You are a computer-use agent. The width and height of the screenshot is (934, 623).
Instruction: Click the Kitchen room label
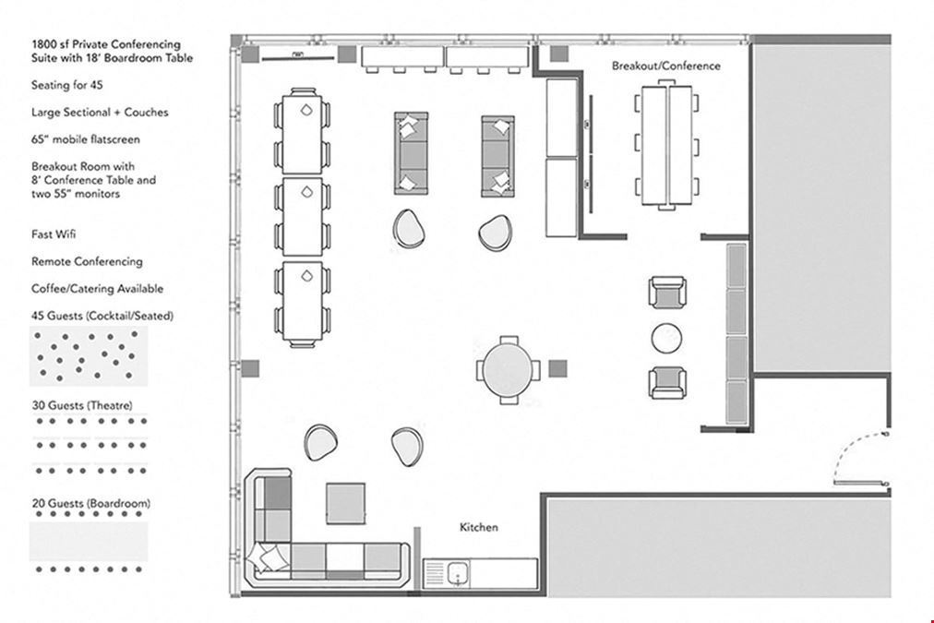tap(478, 527)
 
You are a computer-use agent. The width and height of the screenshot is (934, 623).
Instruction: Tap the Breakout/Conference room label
tap(666, 66)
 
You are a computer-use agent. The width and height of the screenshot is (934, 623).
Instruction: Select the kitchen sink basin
tap(458, 573)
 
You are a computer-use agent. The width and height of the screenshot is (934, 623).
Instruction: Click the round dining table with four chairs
tap(509, 370)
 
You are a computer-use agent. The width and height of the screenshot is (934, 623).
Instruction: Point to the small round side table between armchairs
tap(666, 339)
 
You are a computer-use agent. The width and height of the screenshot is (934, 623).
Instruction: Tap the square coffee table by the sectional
tap(345, 504)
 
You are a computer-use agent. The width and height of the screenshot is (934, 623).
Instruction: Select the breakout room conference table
tap(666, 145)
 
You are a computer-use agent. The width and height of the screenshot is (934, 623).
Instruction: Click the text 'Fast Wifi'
tap(54, 234)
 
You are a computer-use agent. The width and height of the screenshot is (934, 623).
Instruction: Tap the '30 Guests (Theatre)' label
tap(82, 405)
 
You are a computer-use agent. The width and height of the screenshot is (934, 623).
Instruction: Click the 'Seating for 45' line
tap(66, 85)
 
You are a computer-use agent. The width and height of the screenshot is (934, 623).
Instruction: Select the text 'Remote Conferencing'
tap(87, 261)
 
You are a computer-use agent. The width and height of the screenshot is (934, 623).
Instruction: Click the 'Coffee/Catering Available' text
tap(97, 289)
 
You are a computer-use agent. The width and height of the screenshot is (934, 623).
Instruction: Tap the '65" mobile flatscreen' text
tap(86, 139)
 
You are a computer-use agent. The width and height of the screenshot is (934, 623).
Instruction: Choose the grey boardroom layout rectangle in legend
tap(89, 542)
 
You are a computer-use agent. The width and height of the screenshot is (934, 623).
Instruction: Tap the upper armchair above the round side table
tap(667, 293)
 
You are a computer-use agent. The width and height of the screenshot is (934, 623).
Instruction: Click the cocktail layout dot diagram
tap(89, 356)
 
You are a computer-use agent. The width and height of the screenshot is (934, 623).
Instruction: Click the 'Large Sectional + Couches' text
tap(100, 113)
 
